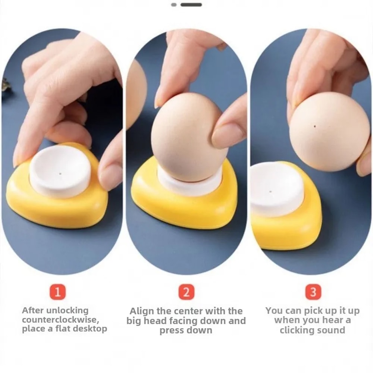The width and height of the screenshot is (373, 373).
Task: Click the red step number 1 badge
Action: point(57,291)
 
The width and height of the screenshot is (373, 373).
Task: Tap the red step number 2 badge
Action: point(186,291)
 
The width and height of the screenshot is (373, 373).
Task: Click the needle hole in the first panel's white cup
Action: point(60,173)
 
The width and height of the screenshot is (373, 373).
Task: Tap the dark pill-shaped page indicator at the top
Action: point(191,5)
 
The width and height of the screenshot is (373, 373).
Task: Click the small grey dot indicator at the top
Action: point(174,5)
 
